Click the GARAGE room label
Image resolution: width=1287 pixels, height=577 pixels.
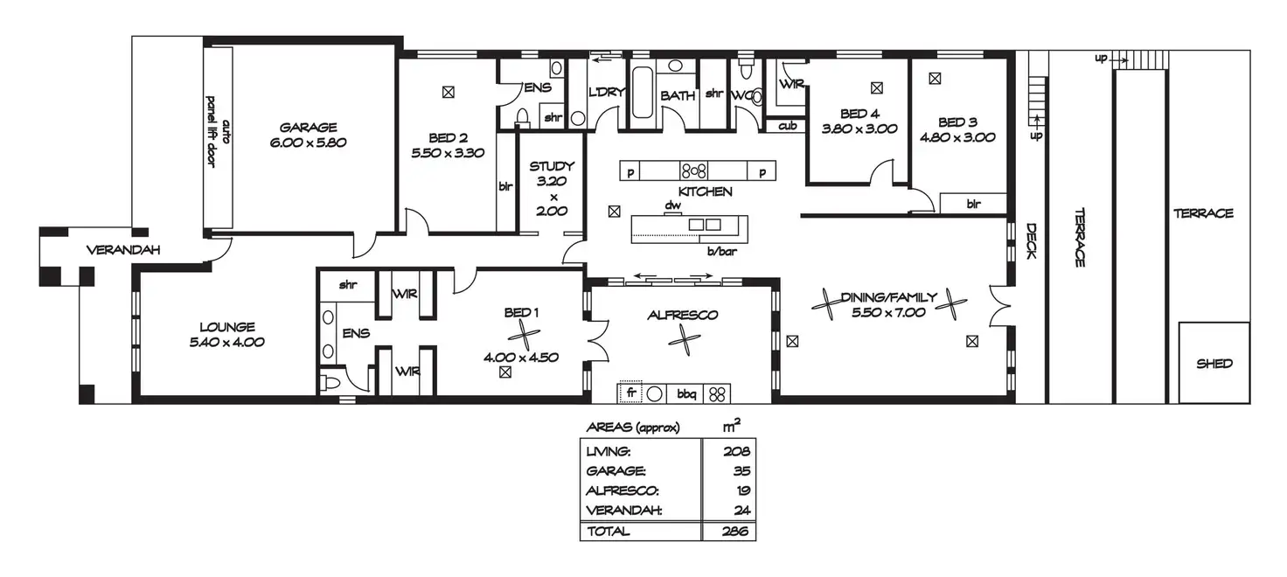(x=308, y=128)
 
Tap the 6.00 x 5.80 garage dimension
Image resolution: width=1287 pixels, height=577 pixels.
(x=308, y=143)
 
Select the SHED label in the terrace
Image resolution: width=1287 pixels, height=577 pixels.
(x=1214, y=364)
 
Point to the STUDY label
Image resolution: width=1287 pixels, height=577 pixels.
(x=552, y=166)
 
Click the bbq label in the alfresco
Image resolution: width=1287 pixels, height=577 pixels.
(x=686, y=394)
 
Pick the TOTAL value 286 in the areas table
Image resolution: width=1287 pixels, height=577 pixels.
(x=734, y=531)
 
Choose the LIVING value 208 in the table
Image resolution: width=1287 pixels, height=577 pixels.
(x=736, y=452)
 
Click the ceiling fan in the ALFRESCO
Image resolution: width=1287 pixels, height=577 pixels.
(x=685, y=340)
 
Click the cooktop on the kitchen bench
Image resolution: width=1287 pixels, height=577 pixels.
(x=693, y=170)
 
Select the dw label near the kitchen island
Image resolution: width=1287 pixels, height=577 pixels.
(x=673, y=205)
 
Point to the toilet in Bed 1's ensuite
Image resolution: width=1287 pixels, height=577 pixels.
(x=331, y=382)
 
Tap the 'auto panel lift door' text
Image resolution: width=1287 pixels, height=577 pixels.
(x=218, y=132)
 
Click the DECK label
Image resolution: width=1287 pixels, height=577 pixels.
(x=1032, y=240)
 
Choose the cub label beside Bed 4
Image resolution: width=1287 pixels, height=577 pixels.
(x=787, y=125)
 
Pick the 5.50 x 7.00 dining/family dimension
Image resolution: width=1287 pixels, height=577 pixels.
(x=888, y=313)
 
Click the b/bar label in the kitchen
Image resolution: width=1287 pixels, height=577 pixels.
(x=721, y=251)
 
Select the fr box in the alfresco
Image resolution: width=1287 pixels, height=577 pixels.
(x=631, y=392)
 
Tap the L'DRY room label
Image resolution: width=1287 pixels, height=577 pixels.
(x=606, y=92)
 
